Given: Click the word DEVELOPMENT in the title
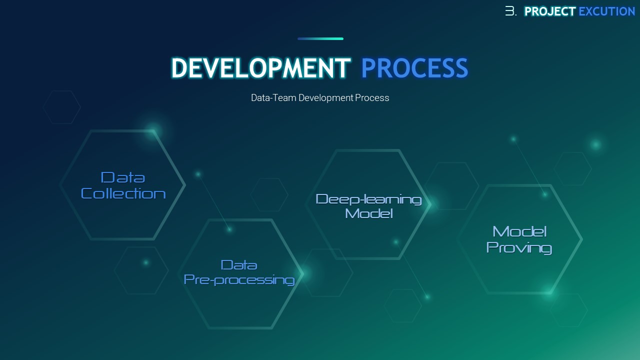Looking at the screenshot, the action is [260, 68].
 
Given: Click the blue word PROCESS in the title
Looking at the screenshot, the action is [414, 68].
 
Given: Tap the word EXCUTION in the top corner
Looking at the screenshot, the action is [607, 11].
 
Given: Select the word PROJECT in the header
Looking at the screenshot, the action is [550, 11].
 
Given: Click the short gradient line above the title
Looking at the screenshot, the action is [320, 38].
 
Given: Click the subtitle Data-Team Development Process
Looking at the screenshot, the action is [320, 98].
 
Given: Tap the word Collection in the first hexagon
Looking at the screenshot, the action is [123, 193].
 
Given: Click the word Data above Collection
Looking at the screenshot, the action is [123, 177].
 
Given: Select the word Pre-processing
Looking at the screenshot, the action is [239, 279].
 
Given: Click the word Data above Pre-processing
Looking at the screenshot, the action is [239, 265].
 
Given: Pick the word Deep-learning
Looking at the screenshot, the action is [368, 199].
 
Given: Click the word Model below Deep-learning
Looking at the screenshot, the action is [369, 213].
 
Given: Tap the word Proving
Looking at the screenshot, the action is [519, 247].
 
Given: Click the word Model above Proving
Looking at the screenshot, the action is [519, 231].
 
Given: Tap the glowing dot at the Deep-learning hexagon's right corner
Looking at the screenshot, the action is [432, 204].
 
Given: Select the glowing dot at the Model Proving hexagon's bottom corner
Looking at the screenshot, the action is [548, 293].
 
